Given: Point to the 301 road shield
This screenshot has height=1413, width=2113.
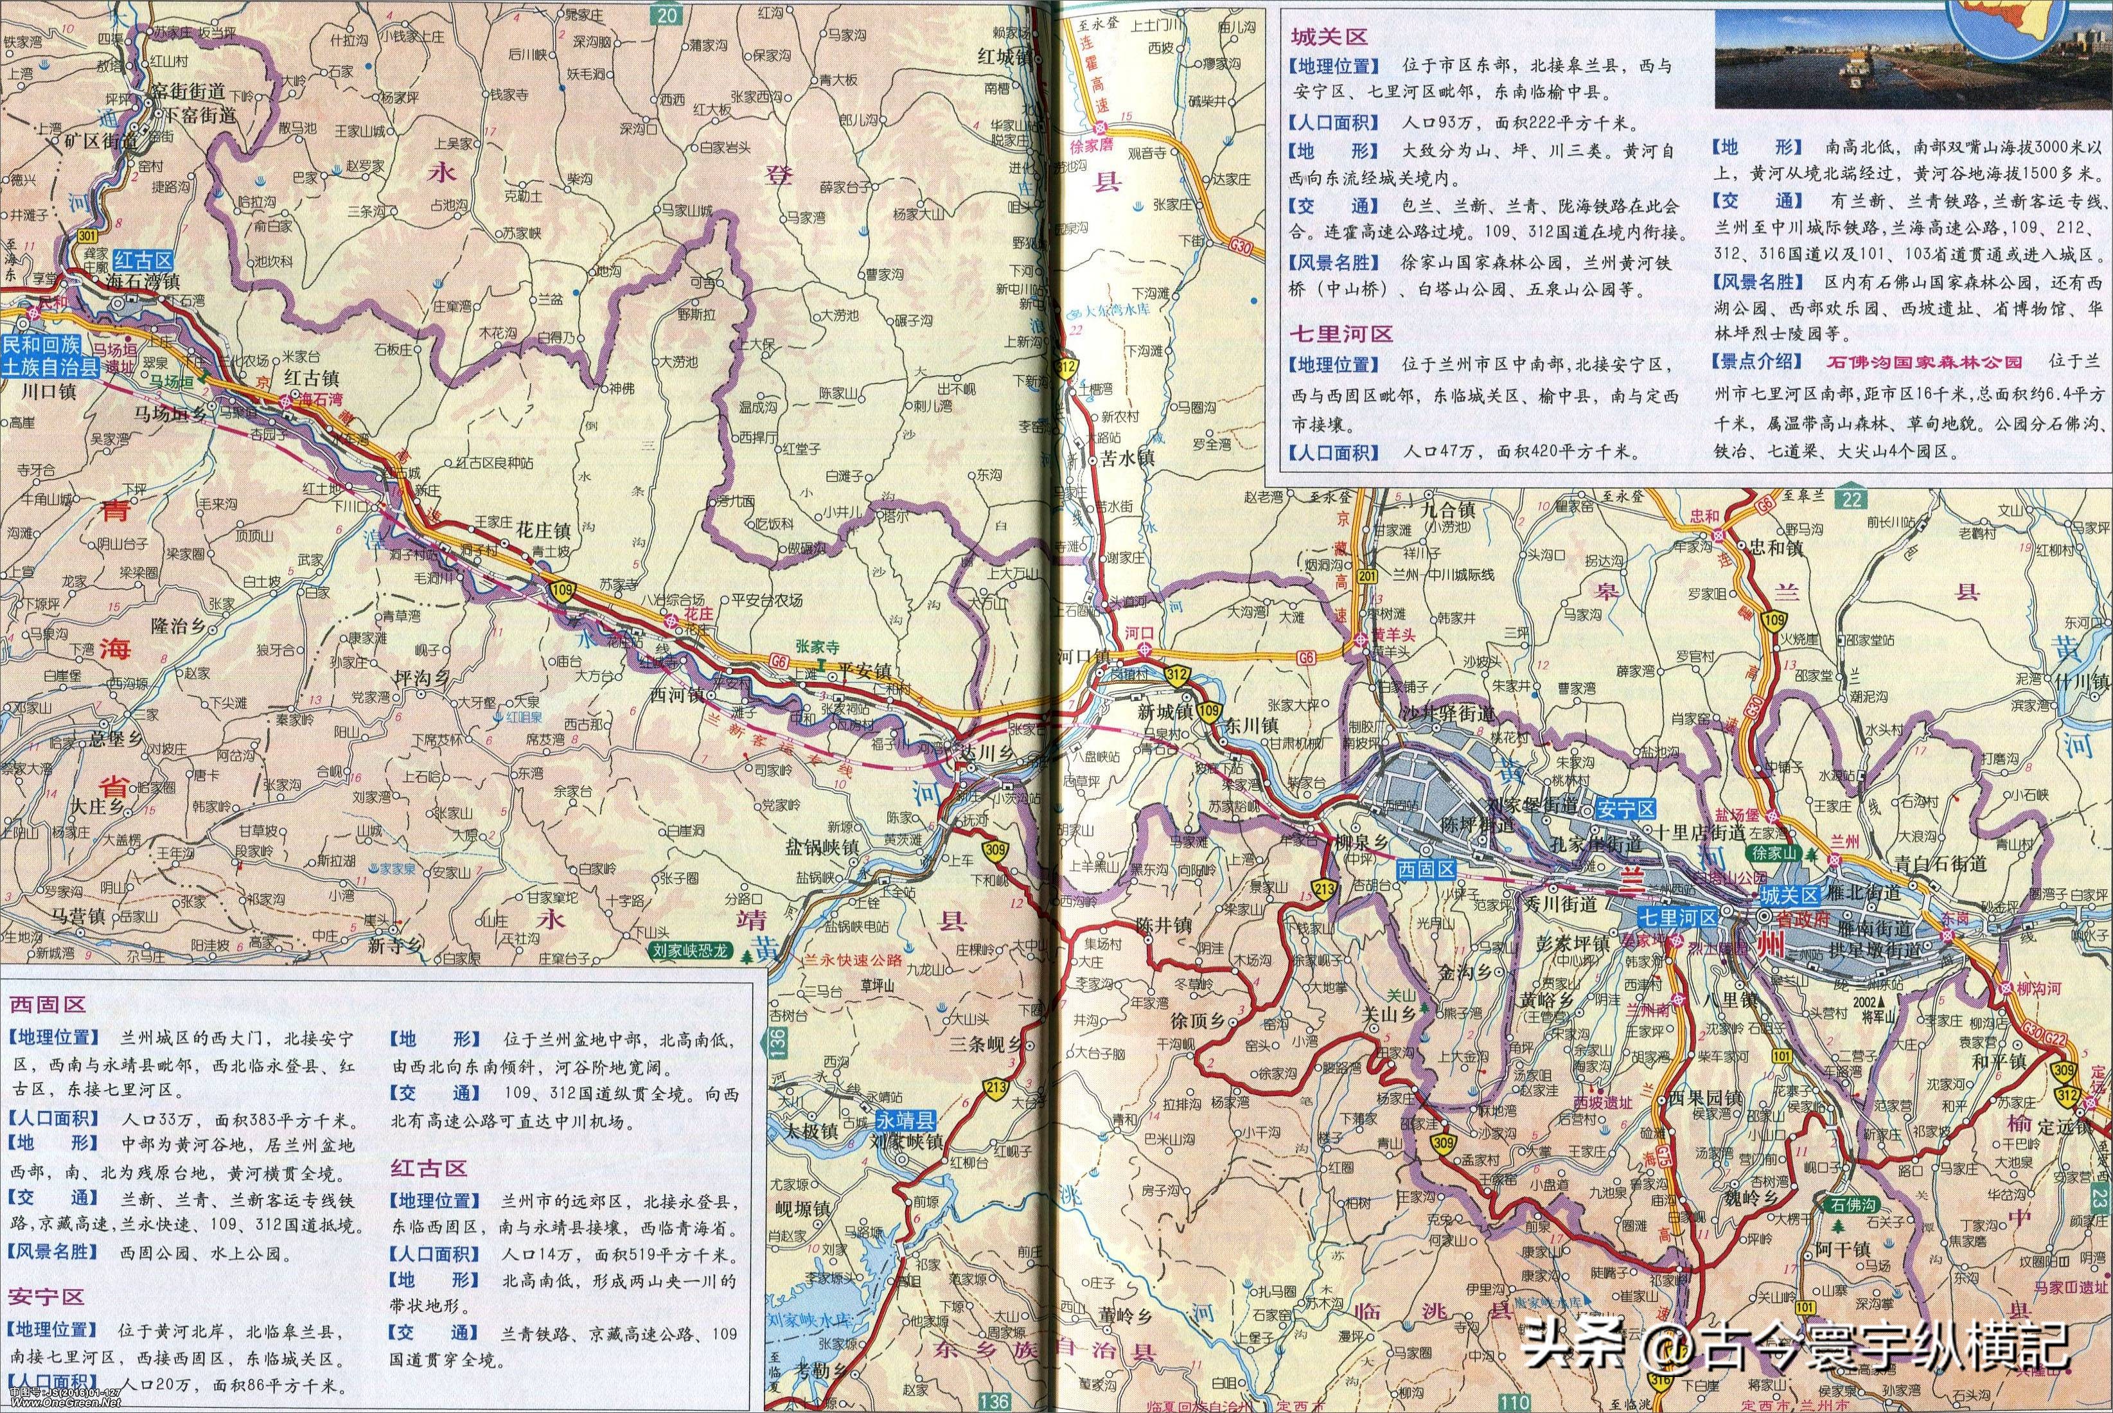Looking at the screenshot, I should pyautogui.click(x=87, y=236).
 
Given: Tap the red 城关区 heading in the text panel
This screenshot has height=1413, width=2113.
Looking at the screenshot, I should pyautogui.click(x=1329, y=37).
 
